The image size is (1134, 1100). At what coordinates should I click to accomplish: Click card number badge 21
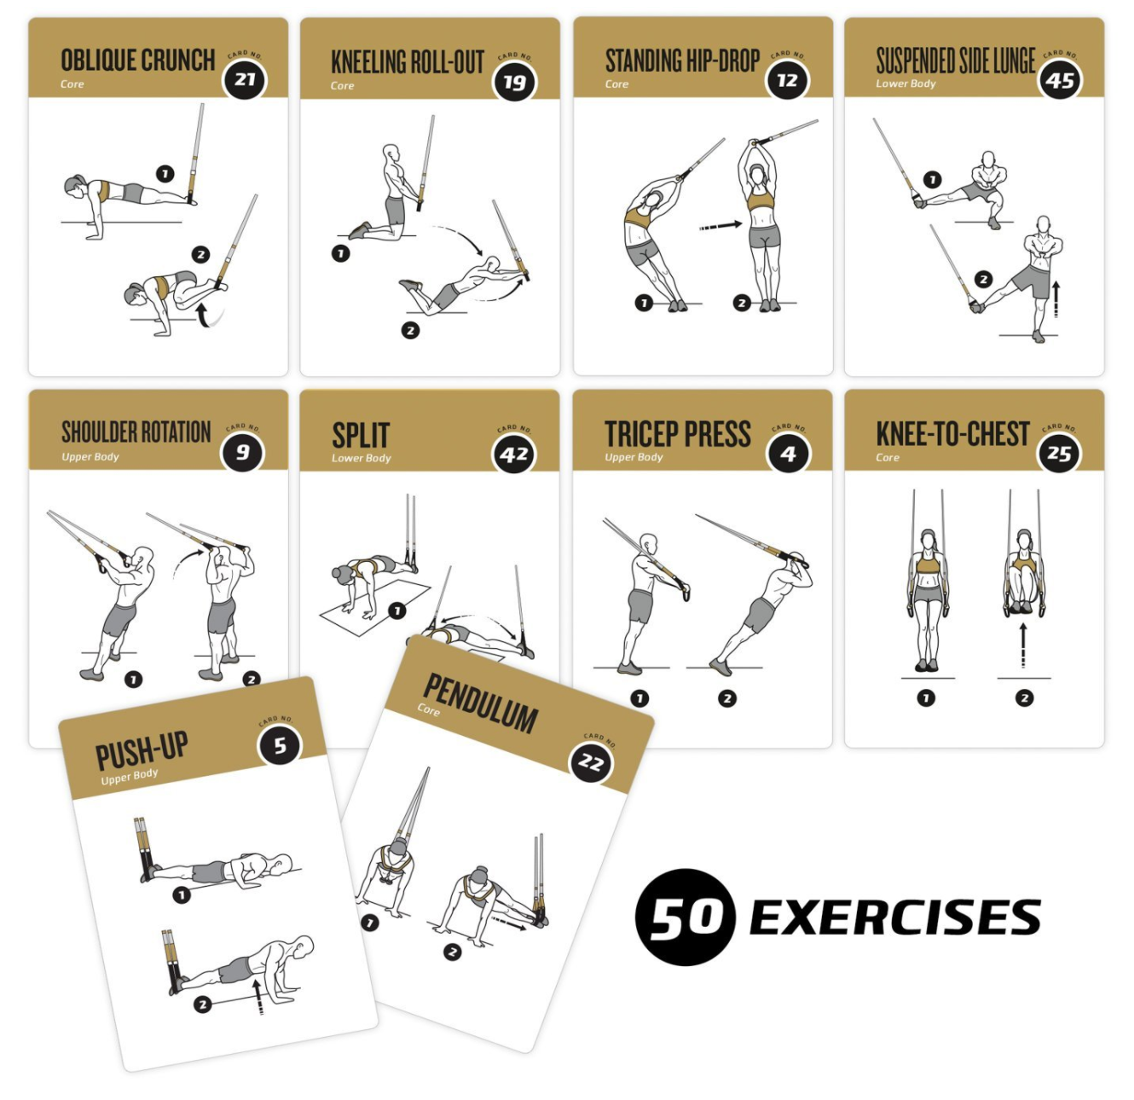(x=245, y=80)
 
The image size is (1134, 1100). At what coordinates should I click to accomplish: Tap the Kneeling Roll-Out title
(x=408, y=62)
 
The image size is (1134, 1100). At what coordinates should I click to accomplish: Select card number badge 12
(x=787, y=80)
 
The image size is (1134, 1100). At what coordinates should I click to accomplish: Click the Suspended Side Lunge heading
(x=956, y=61)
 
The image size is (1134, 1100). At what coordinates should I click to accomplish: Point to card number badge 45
(x=1060, y=81)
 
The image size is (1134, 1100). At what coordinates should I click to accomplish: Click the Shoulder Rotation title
(x=136, y=432)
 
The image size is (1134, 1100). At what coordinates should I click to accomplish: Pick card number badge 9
(x=243, y=452)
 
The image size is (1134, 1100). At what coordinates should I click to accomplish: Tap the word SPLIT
(x=361, y=436)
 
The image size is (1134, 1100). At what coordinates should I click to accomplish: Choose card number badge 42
(x=515, y=454)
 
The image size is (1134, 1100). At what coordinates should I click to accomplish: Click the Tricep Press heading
(x=678, y=434)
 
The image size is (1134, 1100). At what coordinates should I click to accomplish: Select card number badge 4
(x=788, y=454)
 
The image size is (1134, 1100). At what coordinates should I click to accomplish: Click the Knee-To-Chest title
(x=952, y=434)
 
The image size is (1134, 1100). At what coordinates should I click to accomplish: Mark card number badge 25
(x=1059, y=454)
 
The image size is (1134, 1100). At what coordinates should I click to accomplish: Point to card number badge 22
(x=592, y=761)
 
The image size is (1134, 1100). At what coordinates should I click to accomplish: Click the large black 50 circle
(x=685, y=918)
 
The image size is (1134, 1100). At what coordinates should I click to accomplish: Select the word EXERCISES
(x=895, y=918)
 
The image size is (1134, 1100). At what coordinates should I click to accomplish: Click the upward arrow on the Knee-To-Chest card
(x=1023, y=645)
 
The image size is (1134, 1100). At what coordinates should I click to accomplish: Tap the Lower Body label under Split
(x=362, y=458)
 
